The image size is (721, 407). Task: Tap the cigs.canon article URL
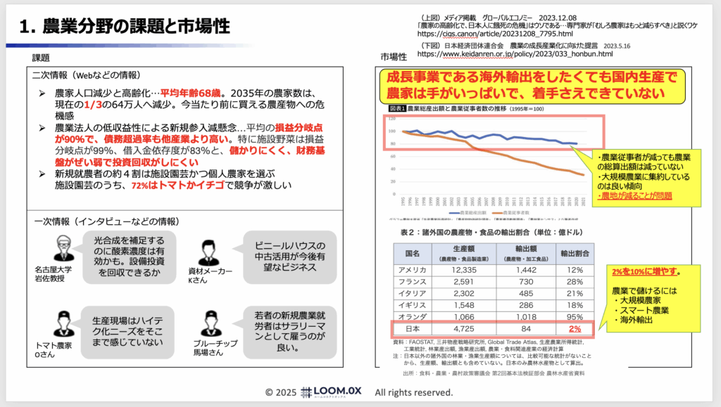[495, 33]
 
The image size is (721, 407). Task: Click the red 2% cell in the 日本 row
[575, 328]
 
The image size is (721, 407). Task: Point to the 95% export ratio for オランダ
[575, 316]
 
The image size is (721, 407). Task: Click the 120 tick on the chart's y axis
[392, 117]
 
